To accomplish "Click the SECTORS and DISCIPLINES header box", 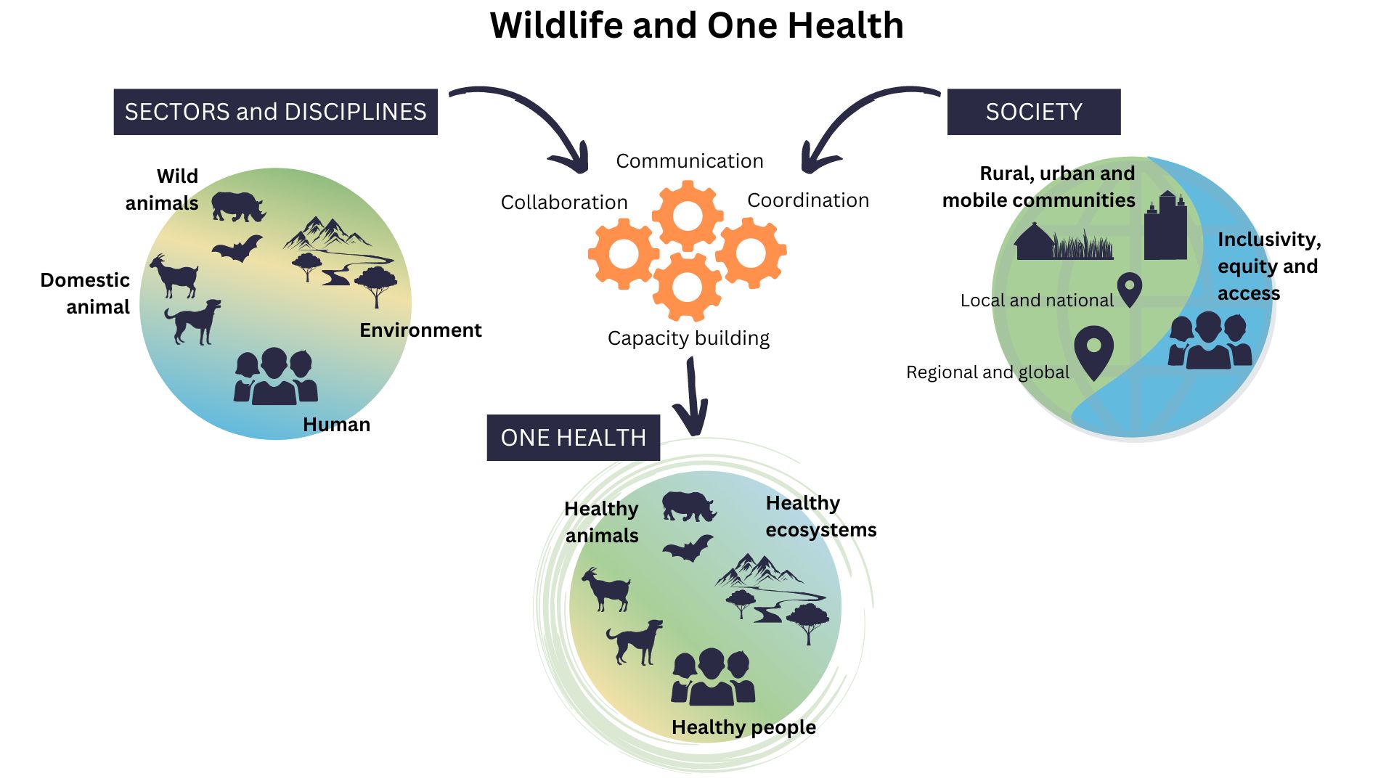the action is click(x=276, y=112).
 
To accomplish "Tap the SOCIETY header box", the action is click(x=1034, y=112).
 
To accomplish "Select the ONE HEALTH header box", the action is click(x=574, y=438).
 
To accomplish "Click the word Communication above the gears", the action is click(x=690, y=161).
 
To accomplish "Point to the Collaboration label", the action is click(x=564, y=203).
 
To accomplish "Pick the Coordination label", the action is click(x=808, y=200).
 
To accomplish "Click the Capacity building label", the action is click(x=688, y=339).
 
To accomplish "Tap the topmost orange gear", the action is click(x=688, y=216).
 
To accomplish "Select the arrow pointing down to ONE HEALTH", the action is click(x=692, y=398).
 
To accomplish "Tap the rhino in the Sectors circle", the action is click(x=238, y=206).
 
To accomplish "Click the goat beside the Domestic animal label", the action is click(x=174, y=277).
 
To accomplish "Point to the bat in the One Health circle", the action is click(x=688, y=549).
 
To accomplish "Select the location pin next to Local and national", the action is click(x=1130, y=290).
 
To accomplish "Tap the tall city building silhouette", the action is click(x=1165, y=226).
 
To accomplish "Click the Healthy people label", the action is click(x=743, y=727).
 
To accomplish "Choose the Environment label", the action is click(x=420, y=330).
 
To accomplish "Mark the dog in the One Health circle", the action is click(x=635, y=642).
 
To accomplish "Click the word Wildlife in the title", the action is click(x=556, y=25).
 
